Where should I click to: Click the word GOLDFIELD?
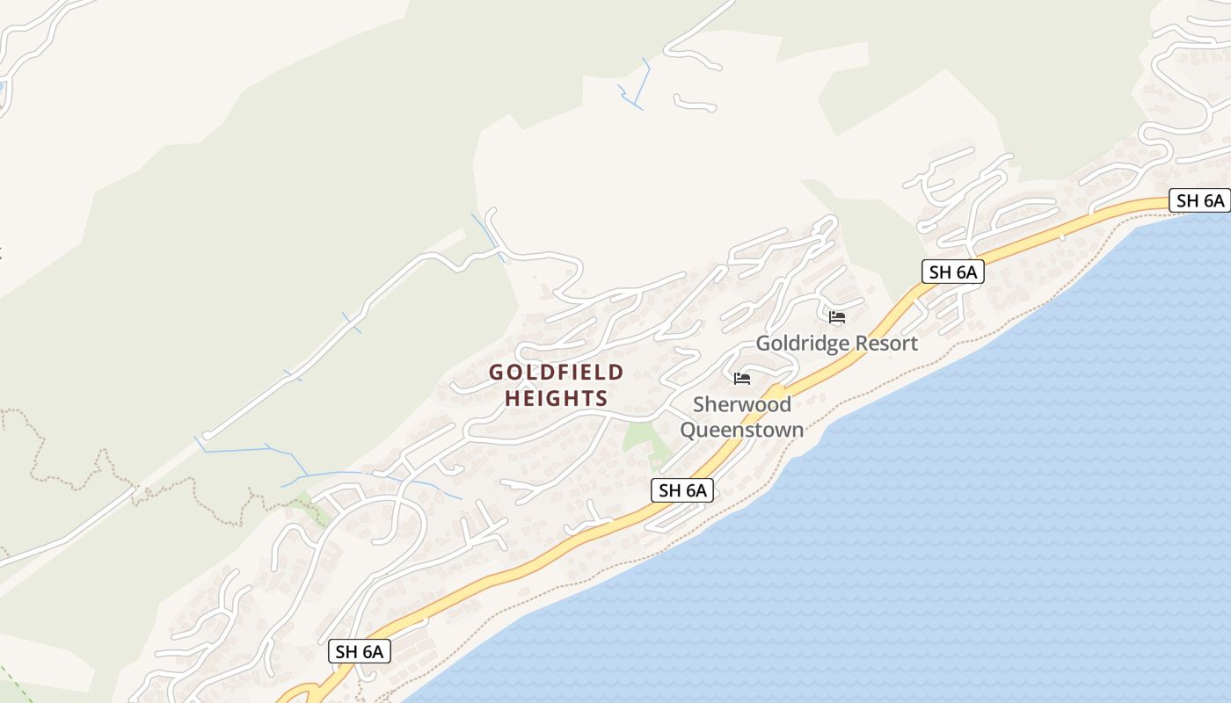pyautogui.click(x=556, y=373)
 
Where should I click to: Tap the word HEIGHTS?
pyautogui.click(x=556, y=399)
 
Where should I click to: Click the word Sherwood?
pyautogui.click(x=742, y=405)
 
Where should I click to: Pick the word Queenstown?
pyautogui.click(x=742, y=430)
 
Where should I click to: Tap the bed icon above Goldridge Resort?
pyautogui.click(x=837, y=316)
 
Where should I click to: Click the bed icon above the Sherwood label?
pyautogui.click(x=742, y=379)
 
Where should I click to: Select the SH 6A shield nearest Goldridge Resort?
pyautogui.click(x=953, y=272)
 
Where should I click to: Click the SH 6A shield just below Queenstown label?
pyautogui.click(x=682, y=490)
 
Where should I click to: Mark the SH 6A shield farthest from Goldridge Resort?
pyautogui.click(x=360, y=651)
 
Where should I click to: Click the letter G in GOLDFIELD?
pyautogui.click(x=497, y=373)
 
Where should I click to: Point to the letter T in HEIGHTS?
pyautogui.click(x=583, y=399)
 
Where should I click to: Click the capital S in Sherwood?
pyautogui.click(x=700, y=405)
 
